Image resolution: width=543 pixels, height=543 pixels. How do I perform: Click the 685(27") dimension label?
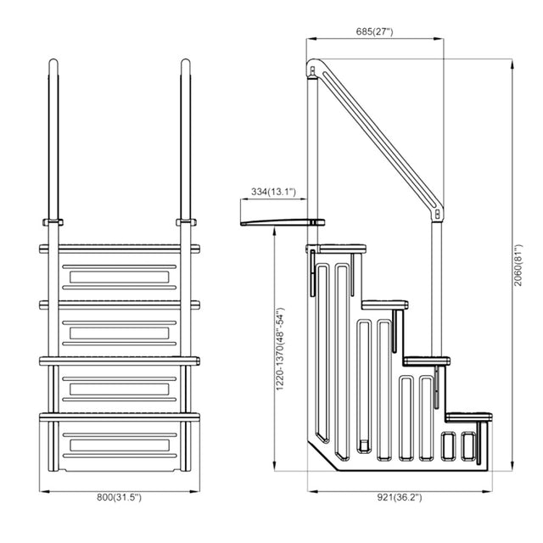coord(375,31)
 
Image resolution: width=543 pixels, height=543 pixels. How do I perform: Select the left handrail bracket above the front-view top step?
coord(53,222)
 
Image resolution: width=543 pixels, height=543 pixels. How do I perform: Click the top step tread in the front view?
coord(119,249)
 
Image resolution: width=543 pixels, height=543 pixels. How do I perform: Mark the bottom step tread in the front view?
coord(119,417)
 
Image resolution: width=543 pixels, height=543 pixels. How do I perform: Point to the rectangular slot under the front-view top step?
coord(119,277)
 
